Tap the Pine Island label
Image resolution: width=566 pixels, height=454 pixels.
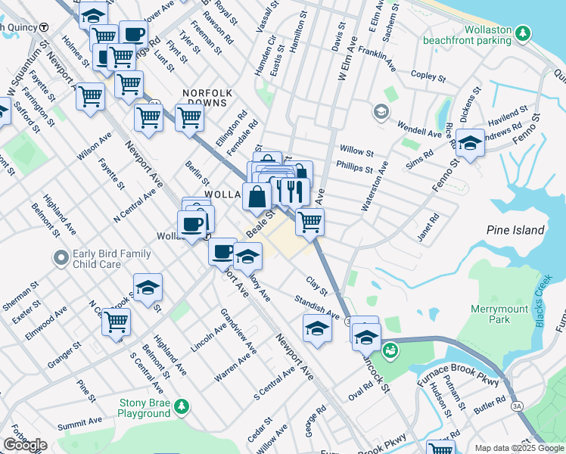click(515, 230)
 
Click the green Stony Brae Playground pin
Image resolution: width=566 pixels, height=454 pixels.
click(181, 408)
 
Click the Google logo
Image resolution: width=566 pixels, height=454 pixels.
click(25, 445)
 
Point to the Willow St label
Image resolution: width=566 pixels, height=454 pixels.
click(356, 151)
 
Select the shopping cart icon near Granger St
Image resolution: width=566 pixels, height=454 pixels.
click(117, 320)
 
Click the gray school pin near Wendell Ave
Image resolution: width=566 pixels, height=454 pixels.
click(381, 113)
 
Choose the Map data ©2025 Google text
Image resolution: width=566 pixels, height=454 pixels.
click(519, 448)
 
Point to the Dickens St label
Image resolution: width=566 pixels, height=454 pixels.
click(471, 104)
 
